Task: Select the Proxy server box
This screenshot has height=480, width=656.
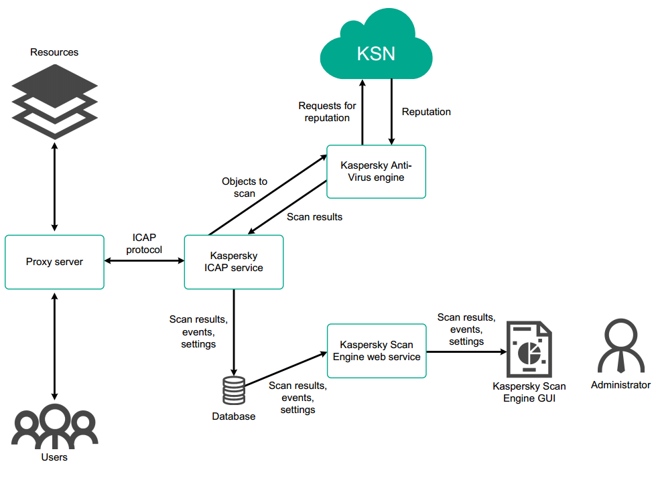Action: [54, 262]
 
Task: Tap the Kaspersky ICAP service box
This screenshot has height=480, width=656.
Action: [233, 262]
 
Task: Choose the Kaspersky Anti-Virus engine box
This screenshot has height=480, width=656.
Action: [376, 171]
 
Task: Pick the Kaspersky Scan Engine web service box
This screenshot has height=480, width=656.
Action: [377, 351]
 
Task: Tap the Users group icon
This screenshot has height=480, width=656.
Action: [54, 426]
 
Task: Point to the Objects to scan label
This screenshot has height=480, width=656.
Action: [245, 187]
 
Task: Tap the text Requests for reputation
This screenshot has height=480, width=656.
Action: [327, 112]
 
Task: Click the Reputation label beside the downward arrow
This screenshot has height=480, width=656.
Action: [426, 112]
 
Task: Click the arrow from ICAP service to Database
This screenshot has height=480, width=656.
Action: [233, 331]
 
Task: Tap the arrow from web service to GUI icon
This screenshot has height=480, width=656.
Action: [465, 351]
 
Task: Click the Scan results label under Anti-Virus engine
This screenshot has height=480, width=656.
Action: [314, 217]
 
